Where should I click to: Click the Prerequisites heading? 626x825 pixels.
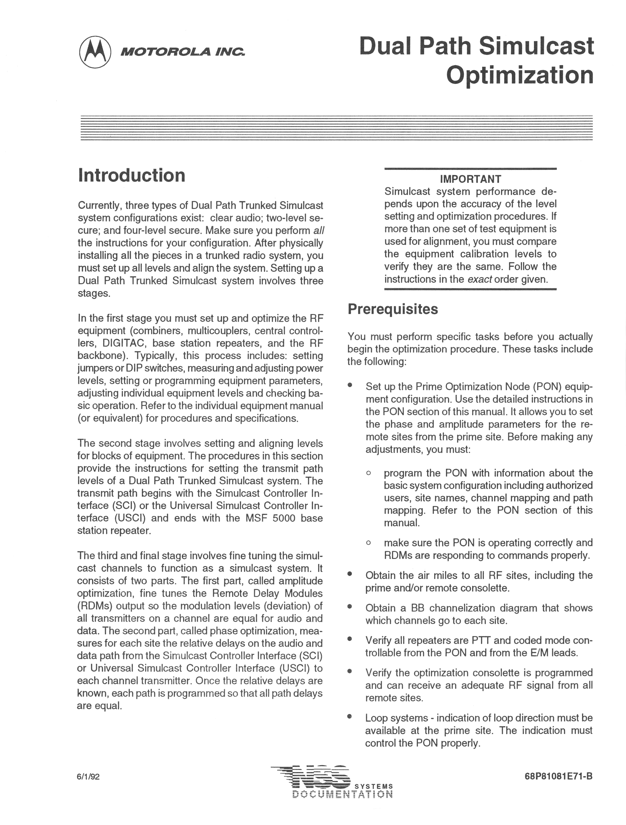393,309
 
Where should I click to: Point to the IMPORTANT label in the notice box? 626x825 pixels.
470,179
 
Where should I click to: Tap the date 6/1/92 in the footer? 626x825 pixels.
88,777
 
